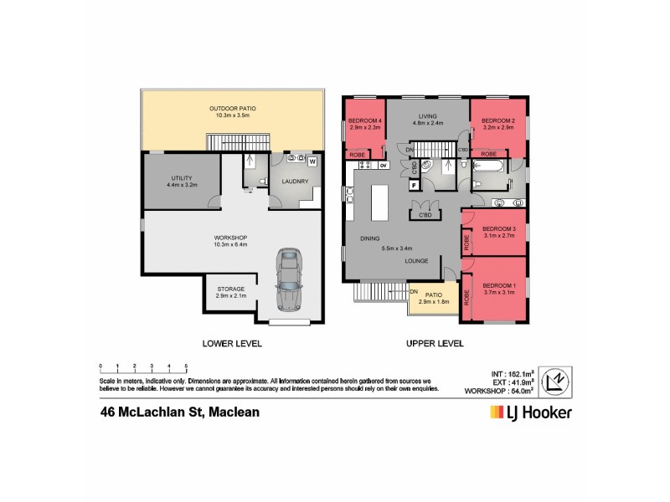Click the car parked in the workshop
[x=290, y=280]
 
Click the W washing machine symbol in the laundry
[x=312, y=161]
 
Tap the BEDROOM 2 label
[x=497, y=121]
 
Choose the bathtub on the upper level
[x=490, y=170]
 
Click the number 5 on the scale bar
[x=186, y=366]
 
